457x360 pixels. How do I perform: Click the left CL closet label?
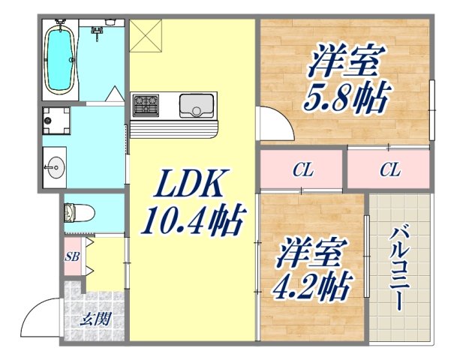[x=302, y=170]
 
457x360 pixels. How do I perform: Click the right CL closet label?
[x=389, y=170]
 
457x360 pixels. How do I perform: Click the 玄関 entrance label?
[x=96, y=318]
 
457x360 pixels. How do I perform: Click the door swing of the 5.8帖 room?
[x=271, y=120]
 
